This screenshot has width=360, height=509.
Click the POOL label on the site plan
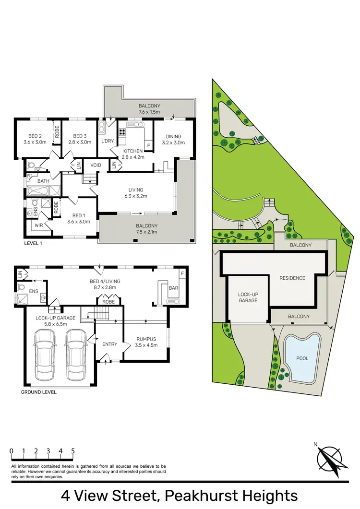pyautogui.click(x=302, y=358)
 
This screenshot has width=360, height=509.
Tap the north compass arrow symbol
pyautogui.click(x=330, y=460)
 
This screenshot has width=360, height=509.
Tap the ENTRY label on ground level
pyautogui.click(x=110, y=344)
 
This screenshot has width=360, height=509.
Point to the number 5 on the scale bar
pyautogui.click(x=73, y=451)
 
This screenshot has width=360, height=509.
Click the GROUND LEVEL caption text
pyautogui.click(x=38, y=392)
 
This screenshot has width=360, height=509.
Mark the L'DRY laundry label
pyautogui.click(x=107, y=142)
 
